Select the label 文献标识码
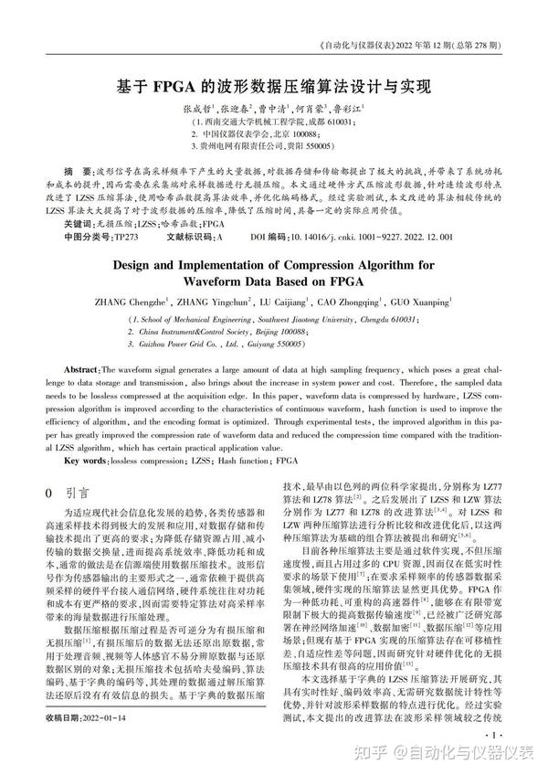186,236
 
